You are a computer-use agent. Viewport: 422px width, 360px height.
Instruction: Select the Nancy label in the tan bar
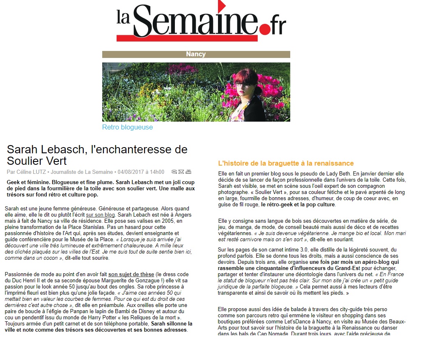196,54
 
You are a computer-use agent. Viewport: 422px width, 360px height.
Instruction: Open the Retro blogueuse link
127,127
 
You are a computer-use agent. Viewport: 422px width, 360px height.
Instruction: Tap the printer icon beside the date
188,172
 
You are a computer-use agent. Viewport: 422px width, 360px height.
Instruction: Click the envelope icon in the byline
181,172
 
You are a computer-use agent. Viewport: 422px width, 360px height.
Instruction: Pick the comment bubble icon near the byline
174,172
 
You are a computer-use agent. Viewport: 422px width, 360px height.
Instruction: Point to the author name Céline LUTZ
30,172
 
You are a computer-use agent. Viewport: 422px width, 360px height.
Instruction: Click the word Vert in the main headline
55,160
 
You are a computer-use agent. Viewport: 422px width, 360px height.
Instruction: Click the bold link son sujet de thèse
131,275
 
